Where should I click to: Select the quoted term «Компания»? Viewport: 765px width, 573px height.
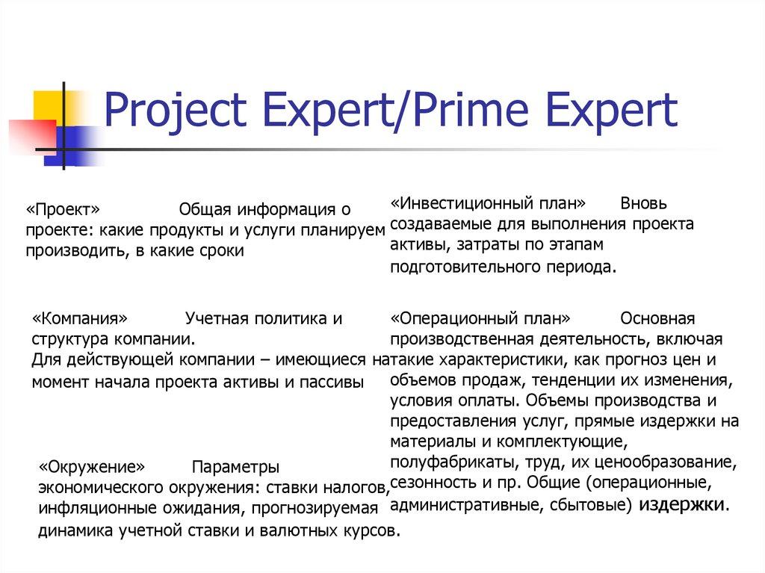74,318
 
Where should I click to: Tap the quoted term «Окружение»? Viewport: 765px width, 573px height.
91,468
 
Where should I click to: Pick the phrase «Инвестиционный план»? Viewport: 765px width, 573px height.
488,203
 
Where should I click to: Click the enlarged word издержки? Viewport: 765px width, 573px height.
681,504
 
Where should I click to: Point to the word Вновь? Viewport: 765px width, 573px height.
643,203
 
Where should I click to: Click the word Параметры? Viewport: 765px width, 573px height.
236,468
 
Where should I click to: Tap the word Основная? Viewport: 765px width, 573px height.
657,318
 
